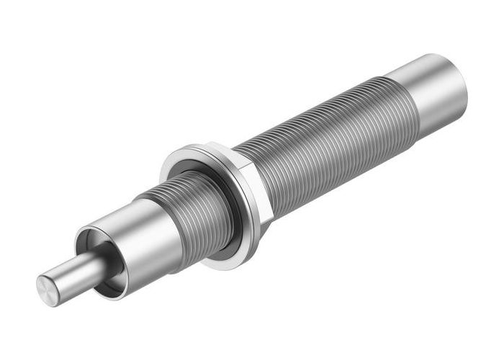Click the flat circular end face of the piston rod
tap(48, 287)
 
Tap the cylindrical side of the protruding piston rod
tap(76, 271)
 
